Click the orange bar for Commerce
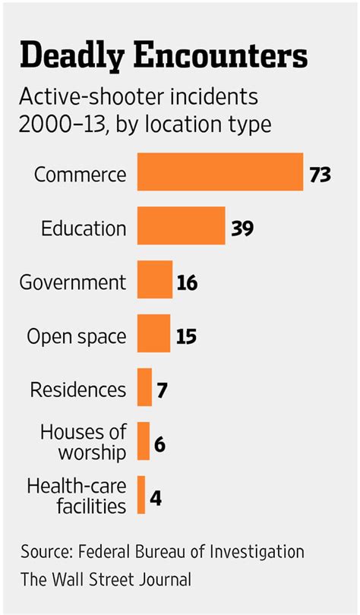point(219,172)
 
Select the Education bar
point(181,225)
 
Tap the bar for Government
point(155,279)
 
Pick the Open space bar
point(153,333)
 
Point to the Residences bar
point(144,387)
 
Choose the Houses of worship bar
point(144,441)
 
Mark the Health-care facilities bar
point(141,495)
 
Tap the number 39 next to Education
point(242,228)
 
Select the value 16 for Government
point(187,282)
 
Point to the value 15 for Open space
point(185,336)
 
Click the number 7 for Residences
point(162,390)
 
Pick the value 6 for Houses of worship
point(159,444)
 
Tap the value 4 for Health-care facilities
point(155,499)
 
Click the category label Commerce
point(80,174)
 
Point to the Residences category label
point(78,390)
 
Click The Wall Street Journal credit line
point(106,579)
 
